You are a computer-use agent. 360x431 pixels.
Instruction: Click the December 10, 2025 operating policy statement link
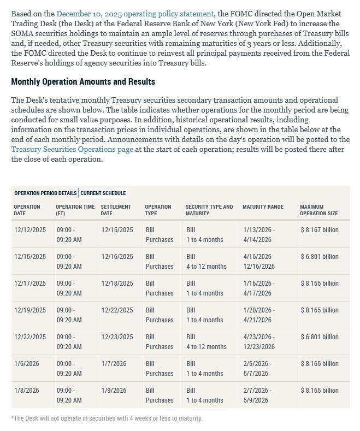(135, 14)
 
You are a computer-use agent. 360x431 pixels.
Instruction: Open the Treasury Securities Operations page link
(72, 149)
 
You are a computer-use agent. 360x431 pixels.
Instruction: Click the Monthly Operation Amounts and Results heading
(83, 81)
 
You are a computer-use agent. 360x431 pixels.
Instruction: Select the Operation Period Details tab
(45, 193)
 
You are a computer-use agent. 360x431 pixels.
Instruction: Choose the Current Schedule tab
(103, 193)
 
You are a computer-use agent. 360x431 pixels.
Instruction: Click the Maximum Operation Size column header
(318, 210)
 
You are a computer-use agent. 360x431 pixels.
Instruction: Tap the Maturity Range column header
(263, 207)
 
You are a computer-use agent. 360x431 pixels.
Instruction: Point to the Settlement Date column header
(116, 210)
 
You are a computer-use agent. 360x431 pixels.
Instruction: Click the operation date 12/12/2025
(30, 230)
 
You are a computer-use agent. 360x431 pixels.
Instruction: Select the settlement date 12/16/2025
(117, 257)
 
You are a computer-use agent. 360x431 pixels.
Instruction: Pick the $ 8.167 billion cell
(320, 230)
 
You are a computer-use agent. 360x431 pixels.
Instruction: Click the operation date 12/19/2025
(30, 310)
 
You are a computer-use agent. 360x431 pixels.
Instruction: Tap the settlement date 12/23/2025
(117, 337)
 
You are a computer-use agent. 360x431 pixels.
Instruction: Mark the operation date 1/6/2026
(27, 364)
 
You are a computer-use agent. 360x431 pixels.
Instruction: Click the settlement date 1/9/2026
(114, 391)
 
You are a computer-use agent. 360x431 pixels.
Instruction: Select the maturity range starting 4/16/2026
(259, 262)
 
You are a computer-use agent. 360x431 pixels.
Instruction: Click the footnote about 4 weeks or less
(107, 418)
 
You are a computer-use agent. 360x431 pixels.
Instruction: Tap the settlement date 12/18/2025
(117, 284)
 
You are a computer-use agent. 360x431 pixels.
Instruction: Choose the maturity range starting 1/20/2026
(259, 315)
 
